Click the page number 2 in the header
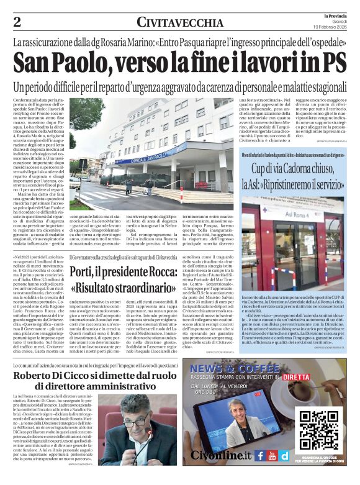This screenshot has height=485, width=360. [x=17, y=22]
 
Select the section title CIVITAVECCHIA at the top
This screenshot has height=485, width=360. [x=179, y=22]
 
